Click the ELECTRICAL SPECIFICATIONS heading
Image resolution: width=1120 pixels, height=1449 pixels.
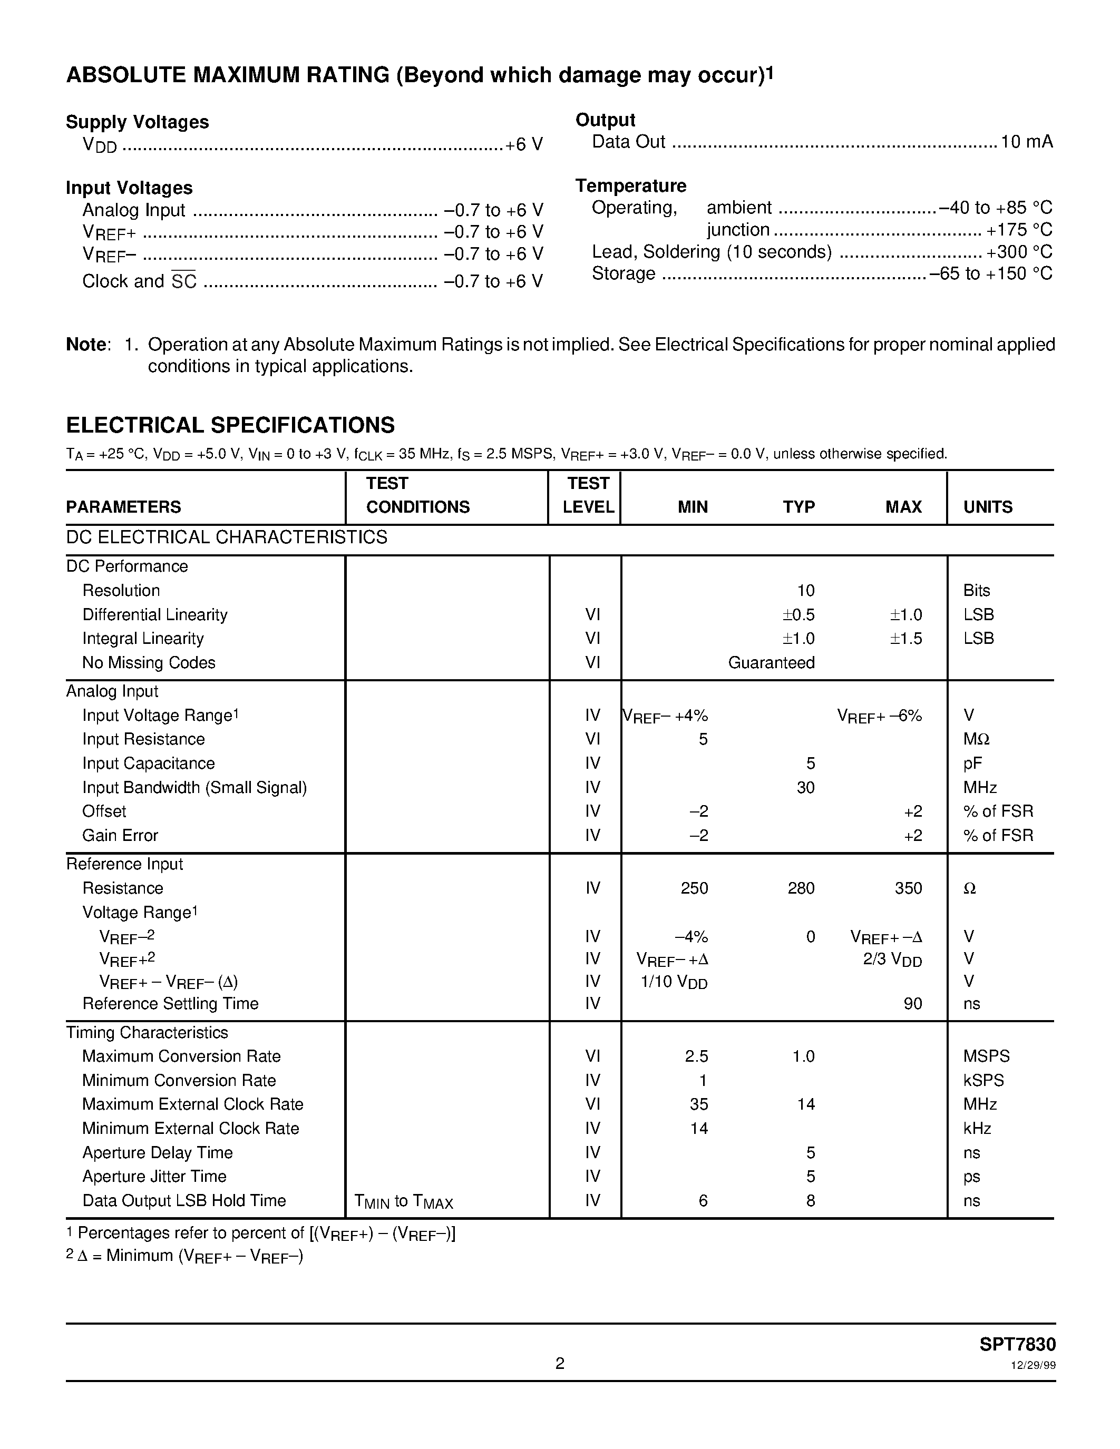(230, 425)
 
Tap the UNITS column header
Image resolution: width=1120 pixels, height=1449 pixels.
(987, 507)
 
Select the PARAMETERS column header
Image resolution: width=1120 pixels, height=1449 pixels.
(123, 507)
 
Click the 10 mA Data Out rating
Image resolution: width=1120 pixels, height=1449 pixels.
(1026, 141)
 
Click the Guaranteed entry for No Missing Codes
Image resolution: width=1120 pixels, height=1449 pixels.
(771, 662)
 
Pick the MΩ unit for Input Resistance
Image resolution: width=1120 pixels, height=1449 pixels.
(976, 739)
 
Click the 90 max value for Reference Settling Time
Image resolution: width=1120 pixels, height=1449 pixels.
(912, 1003)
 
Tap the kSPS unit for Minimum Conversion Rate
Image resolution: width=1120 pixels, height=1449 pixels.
(983, 1080)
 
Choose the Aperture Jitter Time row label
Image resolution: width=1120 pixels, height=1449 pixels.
(154, 1176)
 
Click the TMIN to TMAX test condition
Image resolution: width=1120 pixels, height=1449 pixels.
(403, 1201)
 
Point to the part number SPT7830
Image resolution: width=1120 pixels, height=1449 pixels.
(1017, 1344)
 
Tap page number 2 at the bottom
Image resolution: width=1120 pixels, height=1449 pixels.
(559, 1364)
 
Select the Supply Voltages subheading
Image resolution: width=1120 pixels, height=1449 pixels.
(138, 122)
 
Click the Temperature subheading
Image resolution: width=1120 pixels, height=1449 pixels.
(630, 186)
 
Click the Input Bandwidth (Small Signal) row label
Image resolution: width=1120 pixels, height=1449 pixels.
(194, 788)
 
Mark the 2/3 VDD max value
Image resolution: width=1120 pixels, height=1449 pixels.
(892, 960)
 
